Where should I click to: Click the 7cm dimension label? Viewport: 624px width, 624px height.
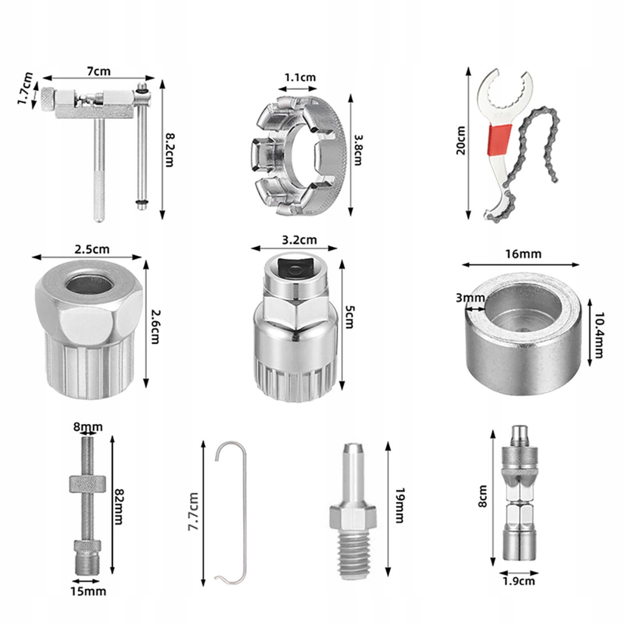tap(98, 71)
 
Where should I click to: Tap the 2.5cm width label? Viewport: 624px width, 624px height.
tap(92, 249)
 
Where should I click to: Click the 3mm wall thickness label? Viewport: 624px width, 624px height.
tap(470, 298)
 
